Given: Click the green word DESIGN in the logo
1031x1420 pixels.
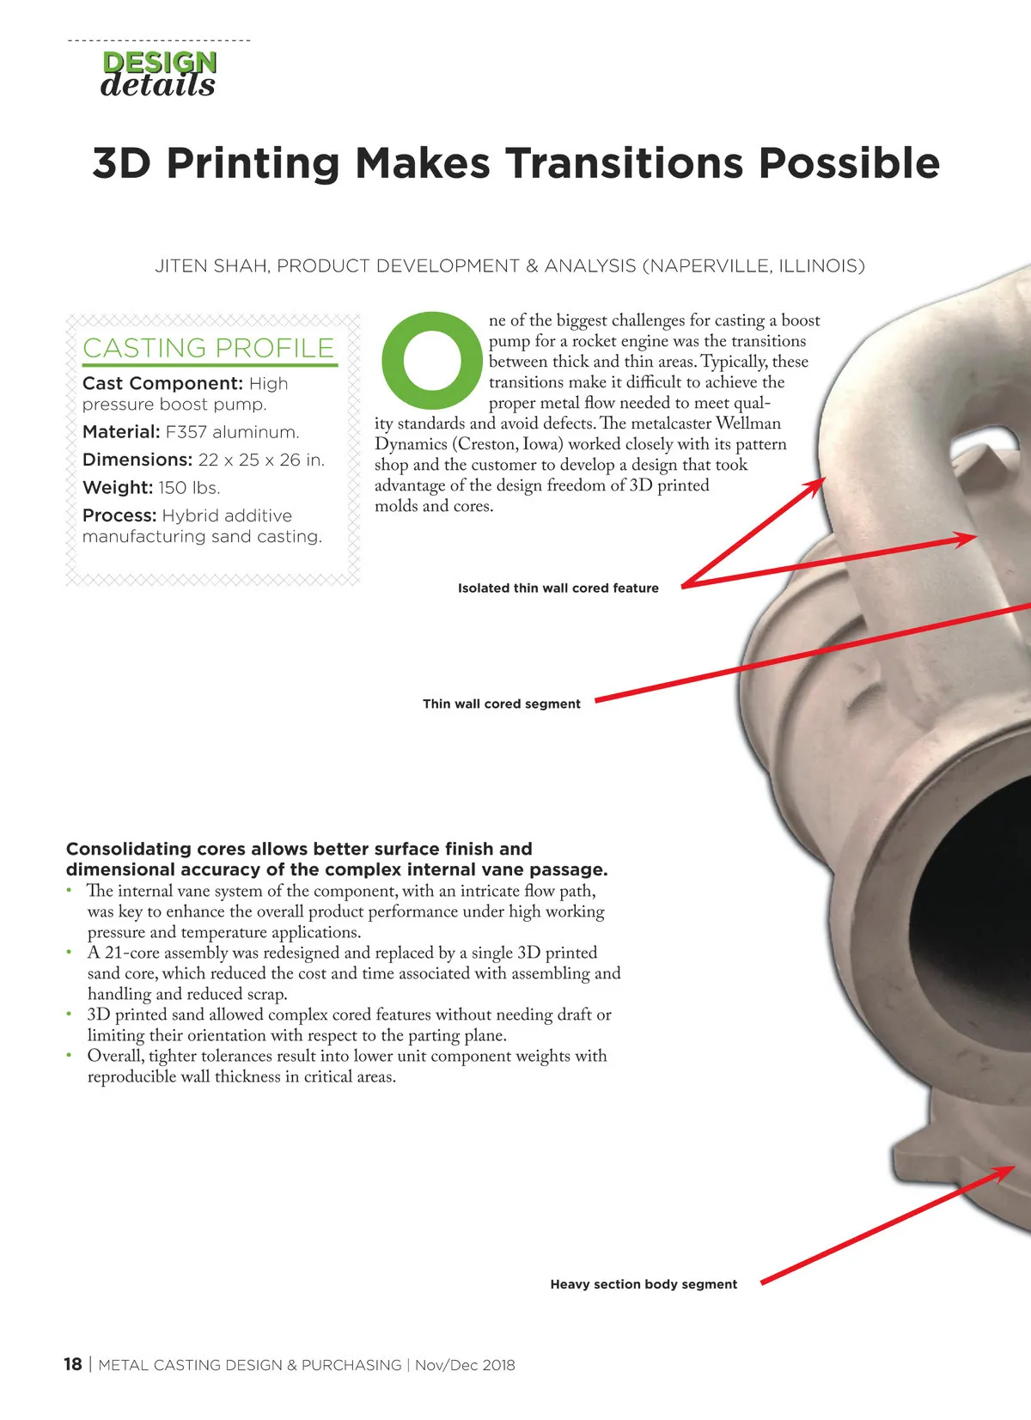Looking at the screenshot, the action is click(159, 62).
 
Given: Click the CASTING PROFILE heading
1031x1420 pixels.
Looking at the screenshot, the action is click(209, 348).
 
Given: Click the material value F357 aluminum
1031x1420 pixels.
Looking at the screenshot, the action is click(232, 432).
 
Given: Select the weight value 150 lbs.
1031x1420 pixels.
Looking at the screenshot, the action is click(189, 487).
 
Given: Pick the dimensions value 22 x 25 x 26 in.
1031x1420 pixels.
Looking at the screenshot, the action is click(261, 460).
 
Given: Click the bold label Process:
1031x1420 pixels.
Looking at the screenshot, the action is click(119, 515).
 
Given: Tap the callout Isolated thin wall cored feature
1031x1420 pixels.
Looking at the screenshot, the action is click(558, 588).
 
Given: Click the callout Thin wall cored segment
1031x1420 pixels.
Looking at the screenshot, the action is click(502, 704).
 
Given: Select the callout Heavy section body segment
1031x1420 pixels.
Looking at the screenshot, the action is click(644, 1284).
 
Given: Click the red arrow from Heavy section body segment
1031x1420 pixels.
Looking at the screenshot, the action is click(888, 1225).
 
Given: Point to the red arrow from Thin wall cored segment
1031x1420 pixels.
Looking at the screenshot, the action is click(814, 652).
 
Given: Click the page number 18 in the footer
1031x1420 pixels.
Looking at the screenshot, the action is click(73, 1364).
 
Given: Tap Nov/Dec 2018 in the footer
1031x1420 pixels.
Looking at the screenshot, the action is click(465, 1365).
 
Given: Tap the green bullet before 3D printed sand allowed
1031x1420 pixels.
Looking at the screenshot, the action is click(69, 1015).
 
